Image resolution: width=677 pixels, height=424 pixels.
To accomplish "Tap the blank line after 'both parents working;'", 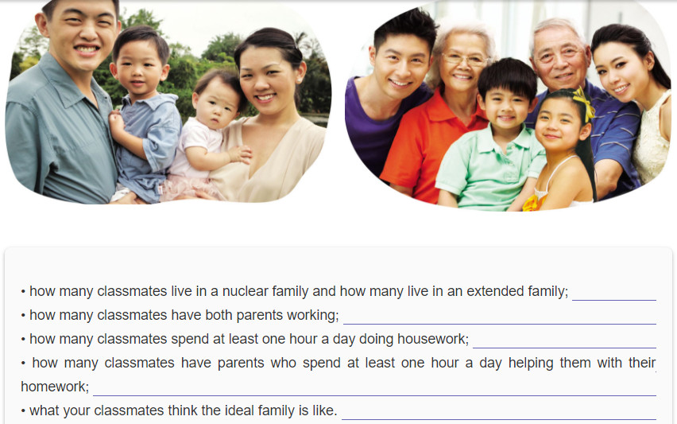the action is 500,324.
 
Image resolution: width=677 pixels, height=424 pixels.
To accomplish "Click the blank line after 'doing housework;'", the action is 564,348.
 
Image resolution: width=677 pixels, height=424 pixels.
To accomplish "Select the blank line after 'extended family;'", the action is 614,300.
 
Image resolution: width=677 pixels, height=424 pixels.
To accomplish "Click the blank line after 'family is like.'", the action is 499,419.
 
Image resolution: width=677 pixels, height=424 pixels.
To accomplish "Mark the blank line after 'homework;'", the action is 375,395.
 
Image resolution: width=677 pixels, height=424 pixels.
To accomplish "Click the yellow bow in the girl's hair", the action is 584,104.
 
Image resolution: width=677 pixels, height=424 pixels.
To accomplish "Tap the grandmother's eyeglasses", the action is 465,60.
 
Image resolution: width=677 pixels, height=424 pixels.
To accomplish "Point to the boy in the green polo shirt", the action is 492,138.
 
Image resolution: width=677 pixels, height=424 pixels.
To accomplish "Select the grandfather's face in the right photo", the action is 560,58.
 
